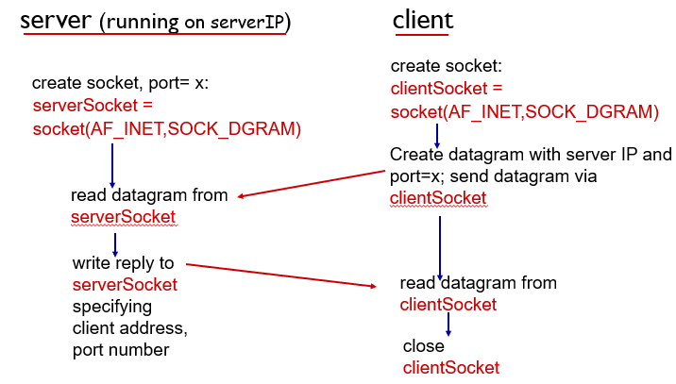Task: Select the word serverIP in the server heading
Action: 254,24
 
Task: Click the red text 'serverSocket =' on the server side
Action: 93,107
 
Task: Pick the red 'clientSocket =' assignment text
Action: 447,89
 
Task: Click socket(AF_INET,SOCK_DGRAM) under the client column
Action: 524,111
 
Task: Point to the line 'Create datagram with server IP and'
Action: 531,155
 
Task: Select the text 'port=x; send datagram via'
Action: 493,176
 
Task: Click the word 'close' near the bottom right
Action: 423,345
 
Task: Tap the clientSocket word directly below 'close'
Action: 450,367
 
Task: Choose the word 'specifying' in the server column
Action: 111,307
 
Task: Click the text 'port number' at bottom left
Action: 121,350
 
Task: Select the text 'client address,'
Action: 129,328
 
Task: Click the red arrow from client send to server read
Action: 312,184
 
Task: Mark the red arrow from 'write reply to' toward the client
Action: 283,275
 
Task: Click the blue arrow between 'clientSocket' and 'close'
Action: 448,324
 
